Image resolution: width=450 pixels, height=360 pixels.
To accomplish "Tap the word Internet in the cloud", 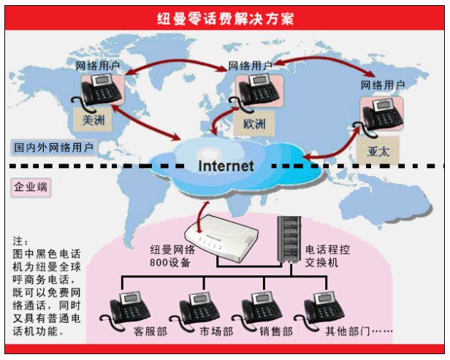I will pyautogui.click(x=226, y=166).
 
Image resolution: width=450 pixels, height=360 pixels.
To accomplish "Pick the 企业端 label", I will pyautogui.click(x=31, y=188).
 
